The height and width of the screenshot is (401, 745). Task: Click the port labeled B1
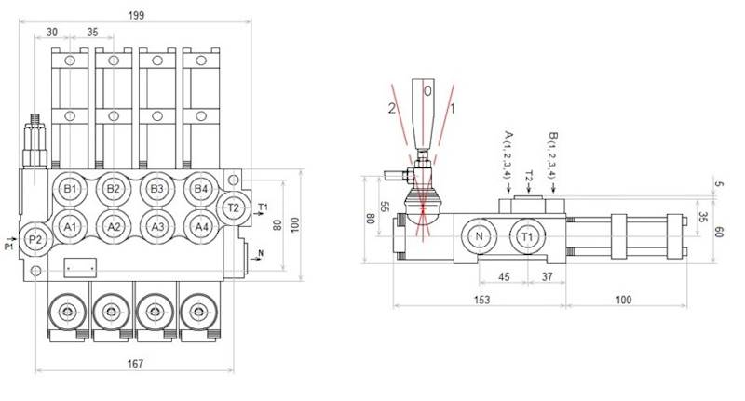(70, 190)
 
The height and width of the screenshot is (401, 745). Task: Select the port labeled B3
(157, 190)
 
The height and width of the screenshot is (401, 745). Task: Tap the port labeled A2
(114, 225)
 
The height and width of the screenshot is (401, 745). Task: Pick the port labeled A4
(199, 225)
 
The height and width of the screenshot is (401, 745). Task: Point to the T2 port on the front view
(233, 207)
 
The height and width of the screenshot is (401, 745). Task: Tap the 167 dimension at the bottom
(135, 364)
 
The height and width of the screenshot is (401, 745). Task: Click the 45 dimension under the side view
(503, 275)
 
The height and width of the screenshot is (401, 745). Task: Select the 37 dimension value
(547, 275)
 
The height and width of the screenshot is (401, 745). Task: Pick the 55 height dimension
(385, 207)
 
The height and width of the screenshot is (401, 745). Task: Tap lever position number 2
(392, 108)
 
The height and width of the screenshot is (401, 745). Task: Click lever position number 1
(454, 108)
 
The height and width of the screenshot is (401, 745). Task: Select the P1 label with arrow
(10, 245)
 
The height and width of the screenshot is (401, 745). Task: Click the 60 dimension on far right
(719, 231)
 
